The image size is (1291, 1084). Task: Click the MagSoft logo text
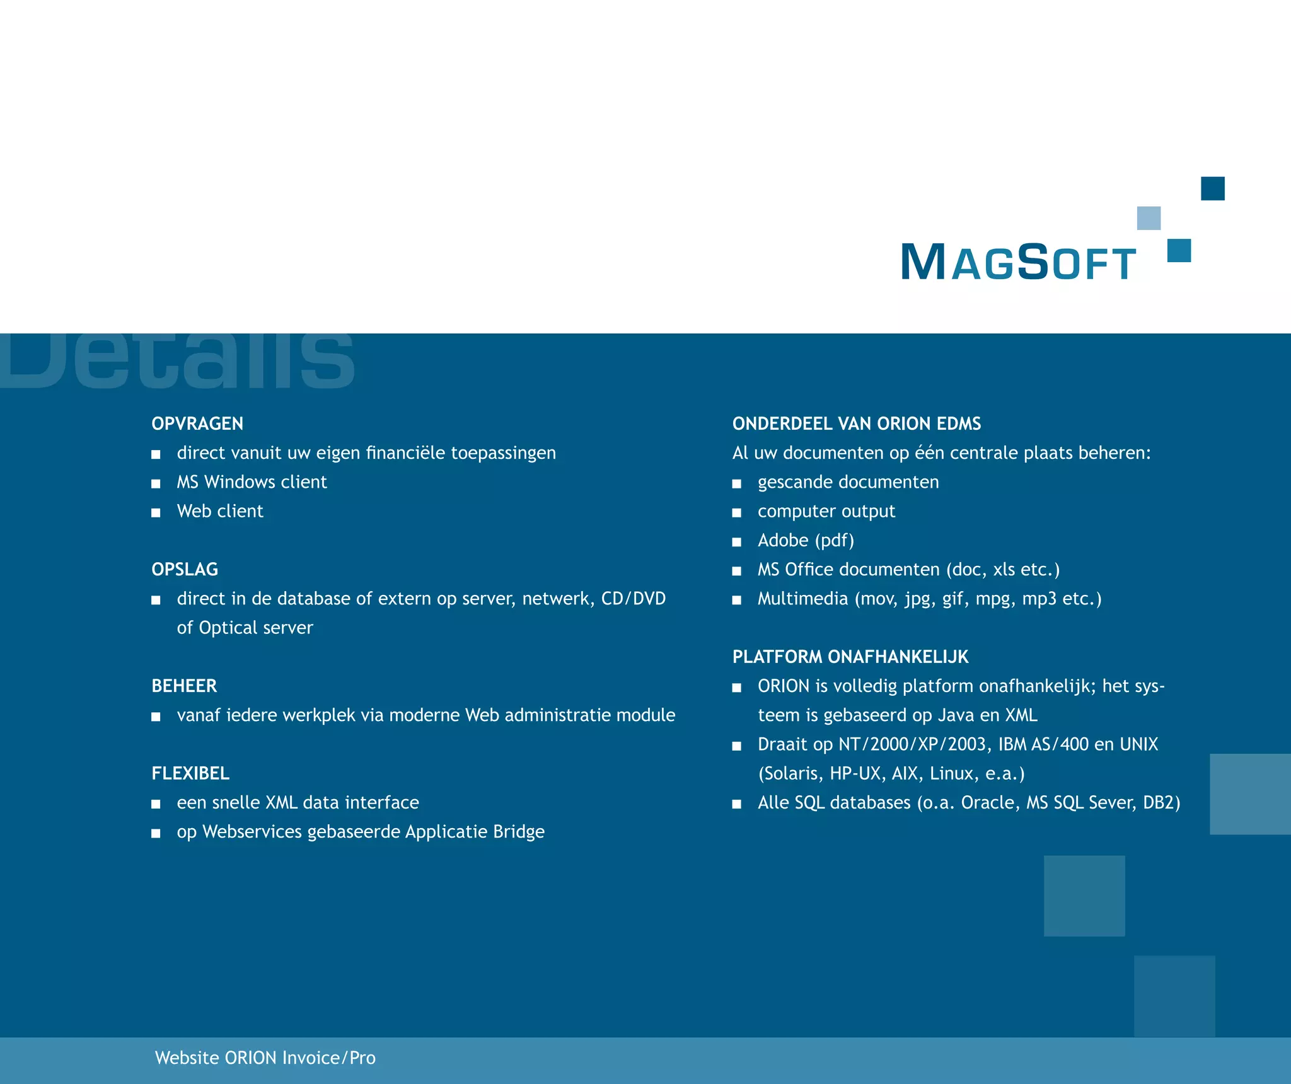click(1017, 262)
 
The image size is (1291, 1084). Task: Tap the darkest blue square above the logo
click(1212, 188)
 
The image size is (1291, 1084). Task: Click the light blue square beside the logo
click(1148, 218)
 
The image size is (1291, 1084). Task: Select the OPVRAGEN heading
click(197, 424)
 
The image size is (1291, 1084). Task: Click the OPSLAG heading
click(185, 569)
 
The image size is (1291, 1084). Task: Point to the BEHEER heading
click(184, 686)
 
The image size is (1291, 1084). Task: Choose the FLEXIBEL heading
click(190, 773)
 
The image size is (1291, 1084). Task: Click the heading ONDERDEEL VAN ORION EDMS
click(856, 424)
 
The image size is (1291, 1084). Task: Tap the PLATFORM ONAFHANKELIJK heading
click(850, 657)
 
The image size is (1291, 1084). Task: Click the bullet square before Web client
click(156, 512)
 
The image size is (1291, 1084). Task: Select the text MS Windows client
click(252, 482)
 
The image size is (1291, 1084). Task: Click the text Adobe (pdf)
click(806, 541)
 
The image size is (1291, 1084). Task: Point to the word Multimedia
click(802, 599)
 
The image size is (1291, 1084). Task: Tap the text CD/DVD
click(633, 599)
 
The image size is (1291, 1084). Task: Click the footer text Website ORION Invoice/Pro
click(265, 1058)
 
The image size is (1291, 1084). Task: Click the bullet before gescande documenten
click(736, 483)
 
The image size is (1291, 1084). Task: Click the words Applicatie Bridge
click(474, 832)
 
